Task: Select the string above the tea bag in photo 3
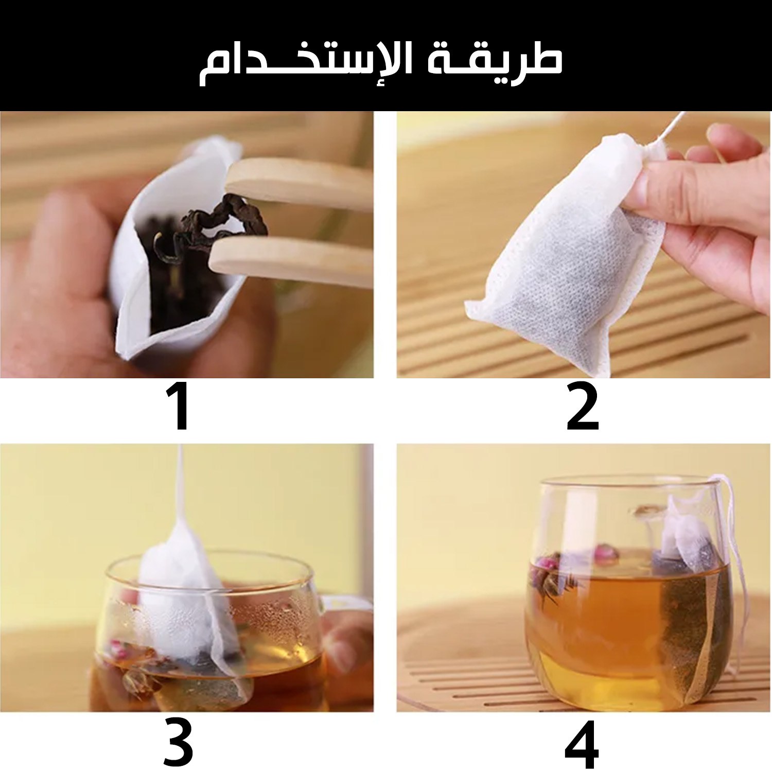pos(180,484)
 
